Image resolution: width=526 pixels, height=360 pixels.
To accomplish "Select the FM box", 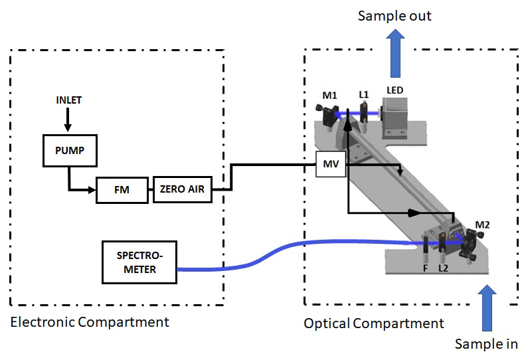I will [121, 191].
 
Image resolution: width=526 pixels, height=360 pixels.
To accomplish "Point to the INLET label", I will [69, 100].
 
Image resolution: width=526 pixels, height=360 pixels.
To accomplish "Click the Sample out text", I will [394, 15].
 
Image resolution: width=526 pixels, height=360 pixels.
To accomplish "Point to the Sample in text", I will [486, 343].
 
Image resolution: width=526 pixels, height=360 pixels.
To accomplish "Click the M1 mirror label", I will [330, 96].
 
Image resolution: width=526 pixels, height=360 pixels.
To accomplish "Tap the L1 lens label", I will [363, 95].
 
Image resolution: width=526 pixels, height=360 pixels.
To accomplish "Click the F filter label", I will [426, 269].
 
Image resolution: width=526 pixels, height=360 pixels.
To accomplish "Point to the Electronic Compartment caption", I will [90, 322].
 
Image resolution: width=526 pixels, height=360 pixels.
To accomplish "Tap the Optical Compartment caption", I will [374, 323].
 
